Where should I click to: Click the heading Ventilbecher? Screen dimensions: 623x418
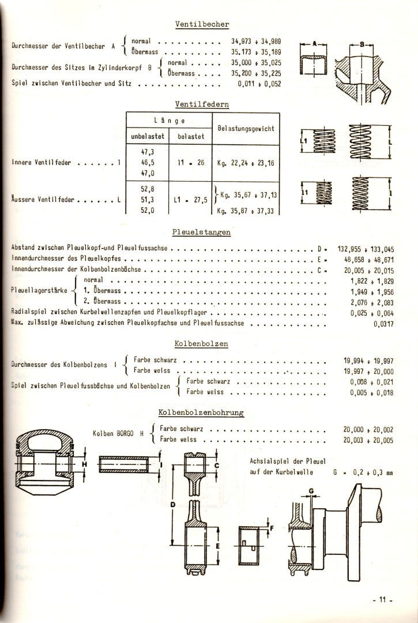[x=202, y=24]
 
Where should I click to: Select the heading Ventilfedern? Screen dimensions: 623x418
[x=202, y=104]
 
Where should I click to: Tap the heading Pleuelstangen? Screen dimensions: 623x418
[x=202, y=232]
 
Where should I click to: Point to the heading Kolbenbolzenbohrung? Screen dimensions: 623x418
[x=201, y=412]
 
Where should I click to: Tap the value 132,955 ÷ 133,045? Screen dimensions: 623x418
[x=366, y=249]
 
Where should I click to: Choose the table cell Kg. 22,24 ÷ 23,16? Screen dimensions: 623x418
[x=246, y=163]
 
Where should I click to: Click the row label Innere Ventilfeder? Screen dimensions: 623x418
[x=40, y=163]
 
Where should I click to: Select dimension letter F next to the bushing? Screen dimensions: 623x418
[x=273, y=527]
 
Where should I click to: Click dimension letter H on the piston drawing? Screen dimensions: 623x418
[x=84, y=464]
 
